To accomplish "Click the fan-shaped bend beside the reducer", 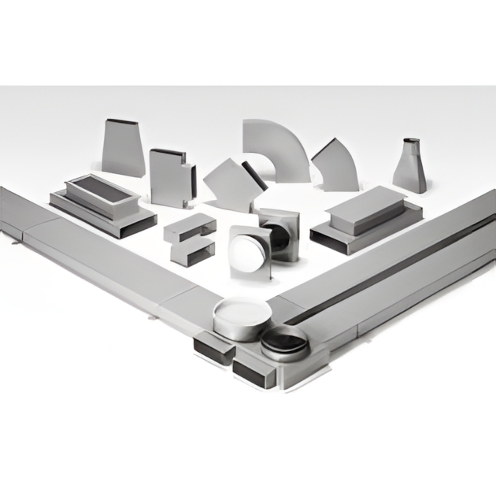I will coord(335,166).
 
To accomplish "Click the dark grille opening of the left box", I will coord(93,192).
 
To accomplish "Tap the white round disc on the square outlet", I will coord(249,251).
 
